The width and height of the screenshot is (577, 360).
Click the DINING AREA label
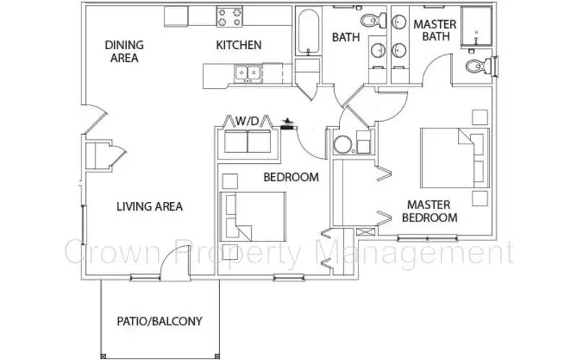click(124, 51)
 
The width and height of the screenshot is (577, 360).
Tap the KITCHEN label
click(239, 45)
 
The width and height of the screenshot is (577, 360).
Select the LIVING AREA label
click(150, 206)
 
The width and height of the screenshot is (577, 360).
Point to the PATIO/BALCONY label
click(159, 321)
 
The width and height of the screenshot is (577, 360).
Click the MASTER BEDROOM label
click(429, 211)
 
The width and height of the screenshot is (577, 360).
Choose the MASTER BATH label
click(435, 30)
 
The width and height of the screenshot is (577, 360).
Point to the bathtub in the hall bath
click(308, 32)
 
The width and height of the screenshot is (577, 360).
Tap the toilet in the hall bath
click(372, 20)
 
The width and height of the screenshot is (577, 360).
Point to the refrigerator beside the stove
click(176, 16)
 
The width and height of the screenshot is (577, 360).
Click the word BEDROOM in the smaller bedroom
click(291, 177)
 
